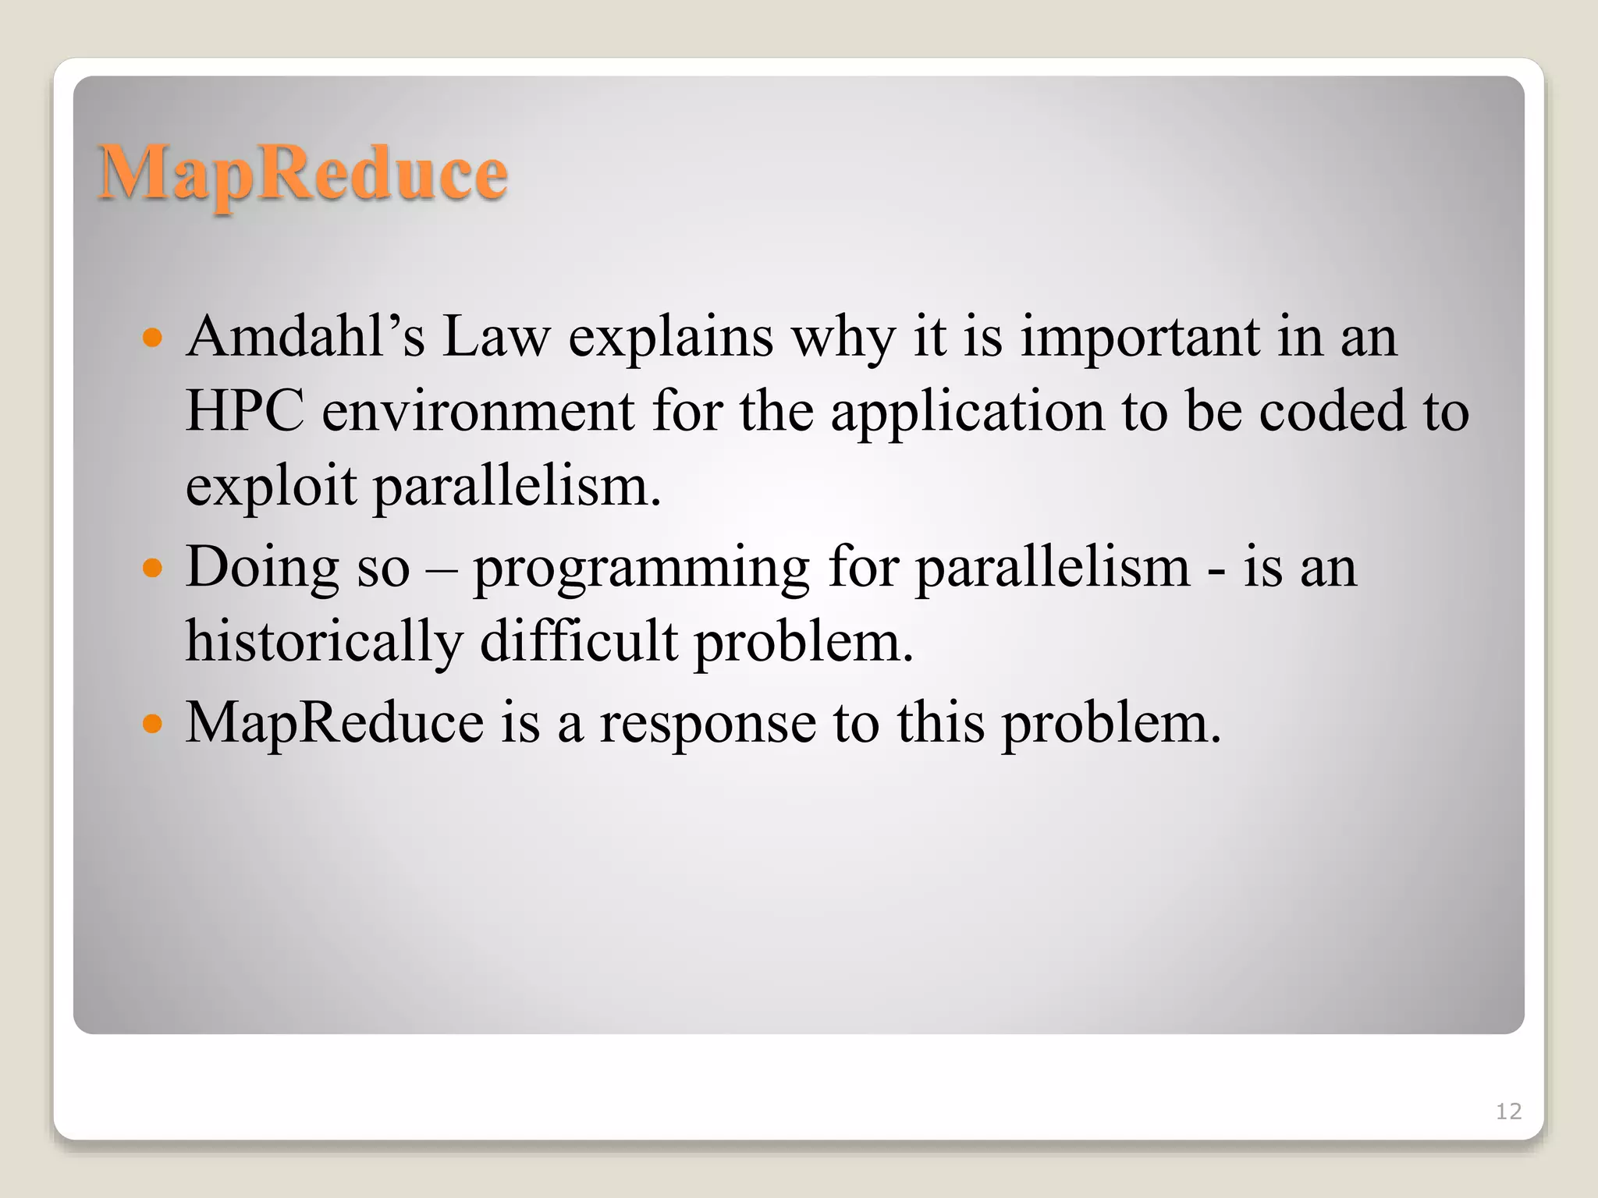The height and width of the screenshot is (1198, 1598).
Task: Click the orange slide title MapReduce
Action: [x=303, y=173]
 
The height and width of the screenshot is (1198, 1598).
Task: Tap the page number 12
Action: [x=1508, y=1111]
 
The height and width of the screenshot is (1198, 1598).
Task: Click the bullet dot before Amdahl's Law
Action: [x=153, y=338]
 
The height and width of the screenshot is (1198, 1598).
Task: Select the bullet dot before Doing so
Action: [x=153, y=568]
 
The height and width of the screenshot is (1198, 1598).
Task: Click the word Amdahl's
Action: [x=305, y=337]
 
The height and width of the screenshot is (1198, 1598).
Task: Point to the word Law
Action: [x=496, y=337]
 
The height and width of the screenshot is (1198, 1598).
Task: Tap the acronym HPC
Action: [x=244, y=411]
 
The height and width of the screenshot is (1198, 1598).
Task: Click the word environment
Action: [x=478, y=411]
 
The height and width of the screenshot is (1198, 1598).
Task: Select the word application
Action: [x=967, y=411]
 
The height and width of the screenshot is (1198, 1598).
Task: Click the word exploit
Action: [x=270, y=486]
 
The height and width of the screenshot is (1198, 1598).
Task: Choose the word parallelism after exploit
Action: [x=517, y=486]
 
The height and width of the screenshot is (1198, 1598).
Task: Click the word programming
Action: [x=641, y=568]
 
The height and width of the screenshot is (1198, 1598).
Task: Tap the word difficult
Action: [x=578, y=642]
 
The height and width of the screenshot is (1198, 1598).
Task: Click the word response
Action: [x=707, y=723]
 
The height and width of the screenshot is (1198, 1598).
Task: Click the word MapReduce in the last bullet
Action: [x=334, y=723]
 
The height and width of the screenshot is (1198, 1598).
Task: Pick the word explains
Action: [x=670, y=337]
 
